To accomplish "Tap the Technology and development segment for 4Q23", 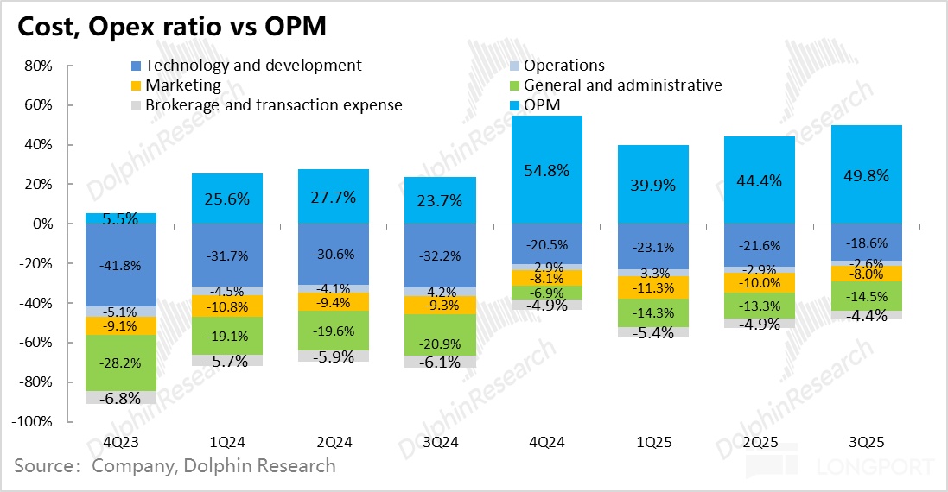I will [121, 265].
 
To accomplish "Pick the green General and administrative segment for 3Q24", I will [440, 335].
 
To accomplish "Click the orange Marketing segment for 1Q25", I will [653, 287].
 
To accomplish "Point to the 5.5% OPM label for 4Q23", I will [120, 219].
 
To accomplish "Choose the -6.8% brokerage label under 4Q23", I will [120, 399].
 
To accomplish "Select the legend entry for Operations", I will [563, 66].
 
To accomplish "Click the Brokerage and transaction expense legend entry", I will [273, 105].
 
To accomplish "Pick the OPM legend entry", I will [542, 105].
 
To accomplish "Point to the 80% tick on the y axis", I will [39, 66].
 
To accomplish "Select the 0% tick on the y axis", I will [42, 224].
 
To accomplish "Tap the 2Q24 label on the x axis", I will [334, 442].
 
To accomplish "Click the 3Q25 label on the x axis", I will [866, 442].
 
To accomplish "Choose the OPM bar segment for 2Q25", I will [760, 180].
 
